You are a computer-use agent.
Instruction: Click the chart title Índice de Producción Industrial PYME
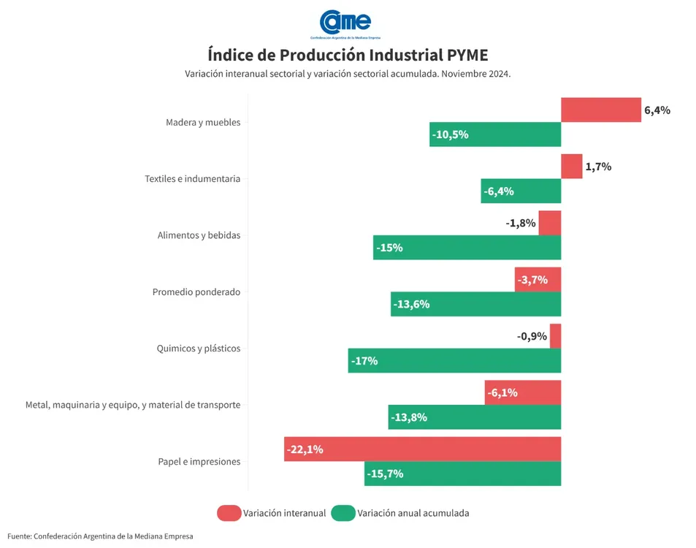click(x=348, y=56)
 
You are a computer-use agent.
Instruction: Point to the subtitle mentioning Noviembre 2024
click(x=348, y=75)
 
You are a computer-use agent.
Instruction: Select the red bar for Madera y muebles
click(x=600, y=110)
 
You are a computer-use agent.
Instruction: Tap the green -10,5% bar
click(x=495, y=134)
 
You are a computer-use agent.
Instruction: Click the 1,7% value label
click(x=598, y=167)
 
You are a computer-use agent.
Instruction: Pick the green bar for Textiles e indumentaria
click(x=521, y=191)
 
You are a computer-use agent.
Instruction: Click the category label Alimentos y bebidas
click(x=199, y=235)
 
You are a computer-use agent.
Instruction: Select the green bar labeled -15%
click(x=467, y=248)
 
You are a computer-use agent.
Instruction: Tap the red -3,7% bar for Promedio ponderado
click(x=538, y=280)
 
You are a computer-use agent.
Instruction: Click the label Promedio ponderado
click(x=196, y=292)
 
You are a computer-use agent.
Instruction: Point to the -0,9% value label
click(x=531, y=336)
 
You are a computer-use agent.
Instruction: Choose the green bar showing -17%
click(x=454, y=361)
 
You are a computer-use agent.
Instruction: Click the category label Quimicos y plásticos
click(x=199, y=349)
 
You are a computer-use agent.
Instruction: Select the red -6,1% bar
click(x=522, y=392)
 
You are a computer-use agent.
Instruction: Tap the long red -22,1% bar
click(x=422, y=449)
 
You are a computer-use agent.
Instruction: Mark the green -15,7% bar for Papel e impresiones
click(x=462, y=473)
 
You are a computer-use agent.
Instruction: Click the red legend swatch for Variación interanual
click(x=229, y=513)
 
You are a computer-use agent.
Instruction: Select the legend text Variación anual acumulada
click(x=413, y=513)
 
